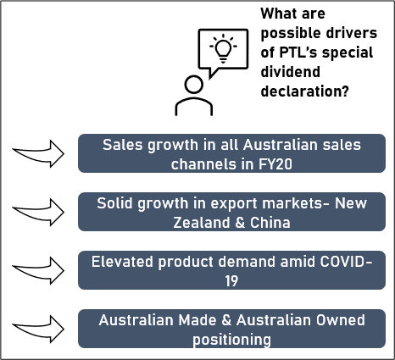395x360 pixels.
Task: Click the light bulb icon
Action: [x=223, y=48]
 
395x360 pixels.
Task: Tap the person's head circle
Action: [x=194, y=84]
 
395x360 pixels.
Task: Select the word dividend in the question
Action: [x=290, y=72]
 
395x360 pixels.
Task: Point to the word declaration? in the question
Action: [x=304, y=91]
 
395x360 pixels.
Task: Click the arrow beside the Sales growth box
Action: [x=38, y=153]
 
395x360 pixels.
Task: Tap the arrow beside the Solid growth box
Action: [x=38, y=212]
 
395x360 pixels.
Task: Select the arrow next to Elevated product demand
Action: [x=38, y=270]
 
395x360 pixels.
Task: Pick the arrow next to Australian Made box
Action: [x=38, y=329]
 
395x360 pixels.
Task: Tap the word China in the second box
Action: [x=270, y=223]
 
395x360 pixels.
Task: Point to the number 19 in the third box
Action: [x=231, y=281]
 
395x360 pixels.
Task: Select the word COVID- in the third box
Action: [x=346, y=262]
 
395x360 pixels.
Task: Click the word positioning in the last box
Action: [x=231, y=340]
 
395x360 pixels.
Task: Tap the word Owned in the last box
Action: [x=340, y=320]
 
